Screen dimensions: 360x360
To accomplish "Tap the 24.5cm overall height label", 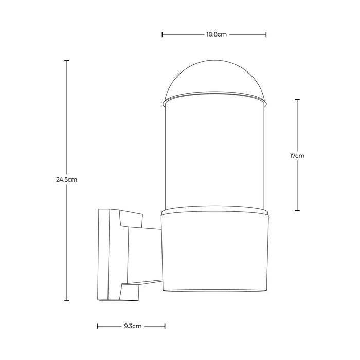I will (x=67, y=180).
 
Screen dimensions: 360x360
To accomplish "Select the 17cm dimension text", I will (x=298, y=155).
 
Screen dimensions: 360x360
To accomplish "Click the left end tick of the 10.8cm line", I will (x=163, y=35).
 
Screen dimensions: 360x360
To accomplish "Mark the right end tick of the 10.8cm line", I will (x=266, y=35).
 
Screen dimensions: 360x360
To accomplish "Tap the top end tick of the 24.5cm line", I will (x=67, y=61).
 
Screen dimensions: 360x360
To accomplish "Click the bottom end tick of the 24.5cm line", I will (x=67, y=300).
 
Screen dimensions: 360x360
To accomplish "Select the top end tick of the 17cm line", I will (x=298, y=99).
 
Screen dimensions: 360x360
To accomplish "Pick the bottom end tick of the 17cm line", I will (x=298, y=210).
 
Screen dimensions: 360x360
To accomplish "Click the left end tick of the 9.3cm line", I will (x=98, y=326).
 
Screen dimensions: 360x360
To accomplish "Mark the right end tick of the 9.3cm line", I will (x=165, y=326).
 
